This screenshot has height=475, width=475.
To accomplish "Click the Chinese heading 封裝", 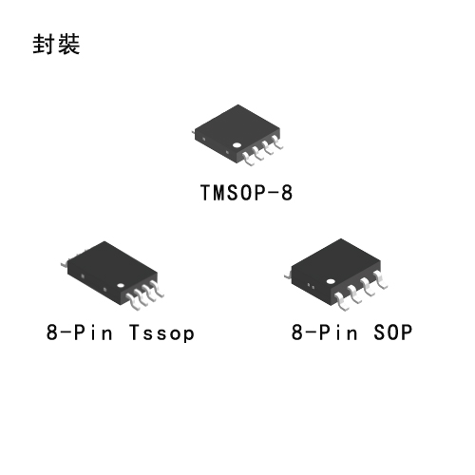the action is coord(56,44).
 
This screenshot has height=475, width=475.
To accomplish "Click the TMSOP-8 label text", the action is coord(246,193).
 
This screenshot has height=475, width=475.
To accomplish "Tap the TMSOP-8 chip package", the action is coord(237,135).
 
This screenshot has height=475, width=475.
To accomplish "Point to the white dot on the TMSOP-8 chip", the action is coord(237,145).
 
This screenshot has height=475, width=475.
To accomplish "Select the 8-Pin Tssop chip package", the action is coord(112,275).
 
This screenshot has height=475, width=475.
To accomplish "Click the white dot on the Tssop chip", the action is coord(121,285).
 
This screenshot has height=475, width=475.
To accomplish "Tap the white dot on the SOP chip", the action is coord(331,281).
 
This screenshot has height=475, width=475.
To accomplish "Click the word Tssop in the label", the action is coord(161,332).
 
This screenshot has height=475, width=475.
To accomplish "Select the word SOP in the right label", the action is coord(393,332).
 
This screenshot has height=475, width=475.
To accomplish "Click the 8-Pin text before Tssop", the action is coord(80,332).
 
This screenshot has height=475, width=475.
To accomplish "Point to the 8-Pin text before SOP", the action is coord(325,332).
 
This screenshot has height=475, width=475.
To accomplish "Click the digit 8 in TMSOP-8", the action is coord(287,193).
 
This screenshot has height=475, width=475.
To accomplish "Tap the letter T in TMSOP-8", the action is coord(206,193).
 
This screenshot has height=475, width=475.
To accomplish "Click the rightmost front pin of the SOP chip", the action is coord(380,279).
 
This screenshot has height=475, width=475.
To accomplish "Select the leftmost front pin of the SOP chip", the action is coord(341,301).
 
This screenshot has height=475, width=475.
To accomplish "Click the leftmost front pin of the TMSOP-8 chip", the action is coord(248,159).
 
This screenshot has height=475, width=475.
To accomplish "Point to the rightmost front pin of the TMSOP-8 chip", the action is coord(277,142).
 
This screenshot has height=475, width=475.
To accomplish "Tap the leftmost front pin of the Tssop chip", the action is coord(133,302).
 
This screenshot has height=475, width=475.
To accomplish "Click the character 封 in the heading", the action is coord(43,44).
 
